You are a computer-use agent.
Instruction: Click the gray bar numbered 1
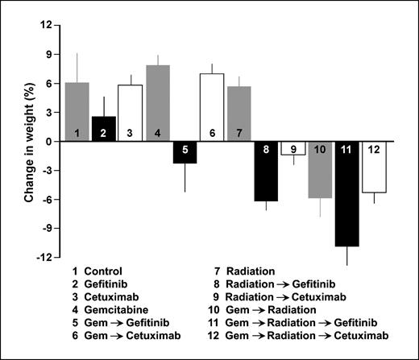pyautogui.click(x=77, y=112)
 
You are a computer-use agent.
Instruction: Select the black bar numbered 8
pyautogui.click(x=266, y=171)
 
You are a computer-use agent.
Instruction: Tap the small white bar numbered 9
pyautogui.click(x=293, y=148)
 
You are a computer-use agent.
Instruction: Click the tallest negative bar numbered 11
pyautogui.click(x=347, y=193)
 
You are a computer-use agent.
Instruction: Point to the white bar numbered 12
pyautogui.click(x=374, y=167)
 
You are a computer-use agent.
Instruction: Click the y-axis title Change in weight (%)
pyautogui.click(x=29, y=141)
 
